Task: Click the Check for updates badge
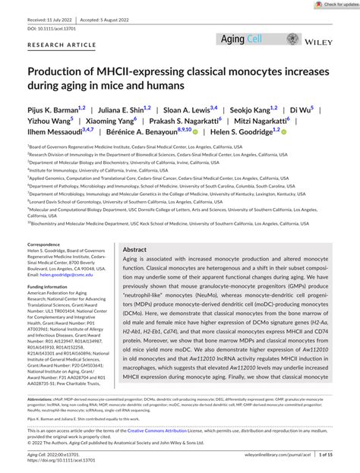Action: coord(335,5)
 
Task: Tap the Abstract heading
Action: coord(135,249)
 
